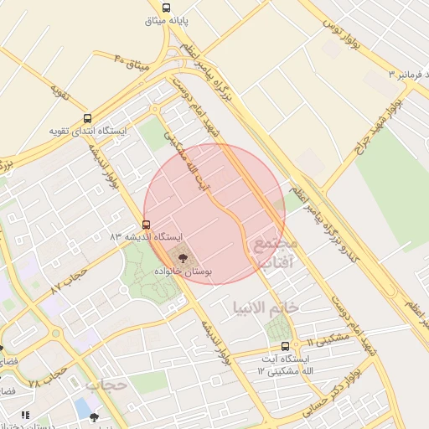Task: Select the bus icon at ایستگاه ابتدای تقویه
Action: (88, 118)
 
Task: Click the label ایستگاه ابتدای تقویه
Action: (88, 131)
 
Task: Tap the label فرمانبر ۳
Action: (406, 75)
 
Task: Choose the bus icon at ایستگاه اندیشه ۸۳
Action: (147, 225)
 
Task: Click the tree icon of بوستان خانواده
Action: (184, 255)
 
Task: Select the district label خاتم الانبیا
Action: (269, 307)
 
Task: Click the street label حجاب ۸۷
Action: (70, 282)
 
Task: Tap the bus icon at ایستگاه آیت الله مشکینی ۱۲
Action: (286, 345)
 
